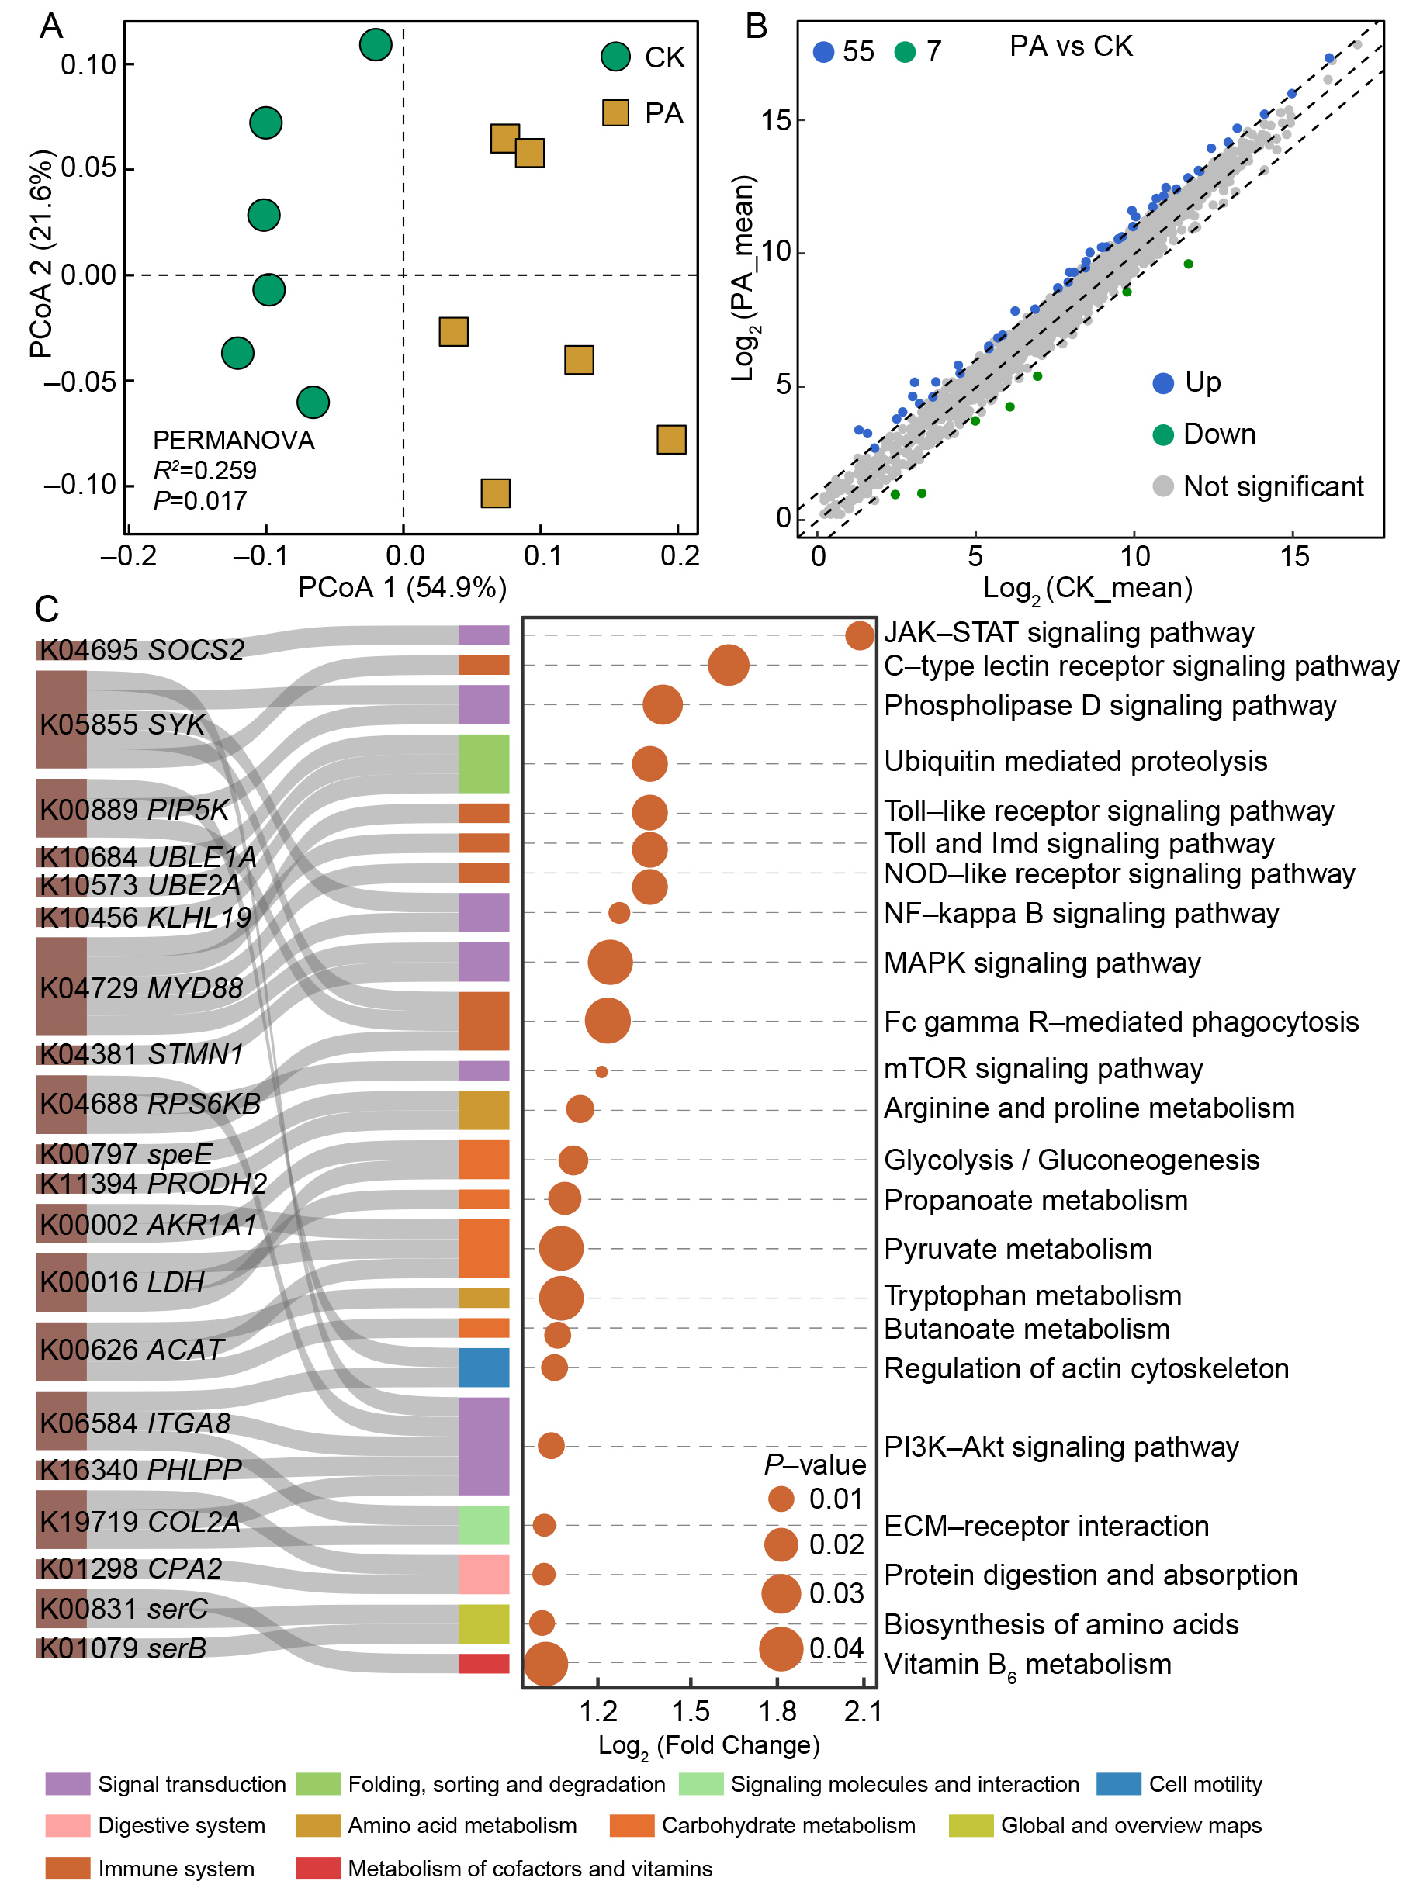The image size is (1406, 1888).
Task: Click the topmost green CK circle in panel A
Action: [x=376, y=44]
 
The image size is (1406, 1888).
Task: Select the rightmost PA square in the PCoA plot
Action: [x=670, y=439]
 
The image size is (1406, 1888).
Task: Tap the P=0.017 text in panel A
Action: [x=200, y=500]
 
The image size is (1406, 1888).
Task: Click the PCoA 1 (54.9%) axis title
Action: [x=403, y=587]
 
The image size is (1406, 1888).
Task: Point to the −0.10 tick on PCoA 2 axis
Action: [x=79, y=485]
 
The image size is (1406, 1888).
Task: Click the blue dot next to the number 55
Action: [x=823, y=52]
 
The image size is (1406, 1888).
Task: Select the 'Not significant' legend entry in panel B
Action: [x=1272, y=486]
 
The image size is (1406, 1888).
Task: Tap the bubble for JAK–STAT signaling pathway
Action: [x=860, y=635]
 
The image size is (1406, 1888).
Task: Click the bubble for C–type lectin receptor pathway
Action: [x=728, y=665]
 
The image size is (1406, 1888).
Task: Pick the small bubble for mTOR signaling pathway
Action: [x=601, y=1071]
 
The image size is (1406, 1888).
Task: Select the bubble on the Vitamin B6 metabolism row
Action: [x=545, y=1663]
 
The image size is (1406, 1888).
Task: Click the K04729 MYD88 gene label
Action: [x=140, y=987]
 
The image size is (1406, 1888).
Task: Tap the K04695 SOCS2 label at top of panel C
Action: [x=141, y=650]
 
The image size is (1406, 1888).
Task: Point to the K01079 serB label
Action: [x=123, y=1648]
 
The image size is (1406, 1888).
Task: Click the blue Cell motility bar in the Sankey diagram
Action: [x=483, y=1368]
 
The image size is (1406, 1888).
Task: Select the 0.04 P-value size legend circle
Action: [x=781, y=1649]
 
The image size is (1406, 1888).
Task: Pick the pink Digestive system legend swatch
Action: [x=68, y=1825]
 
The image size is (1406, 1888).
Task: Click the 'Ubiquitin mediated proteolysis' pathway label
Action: [x=1075, y=761]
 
